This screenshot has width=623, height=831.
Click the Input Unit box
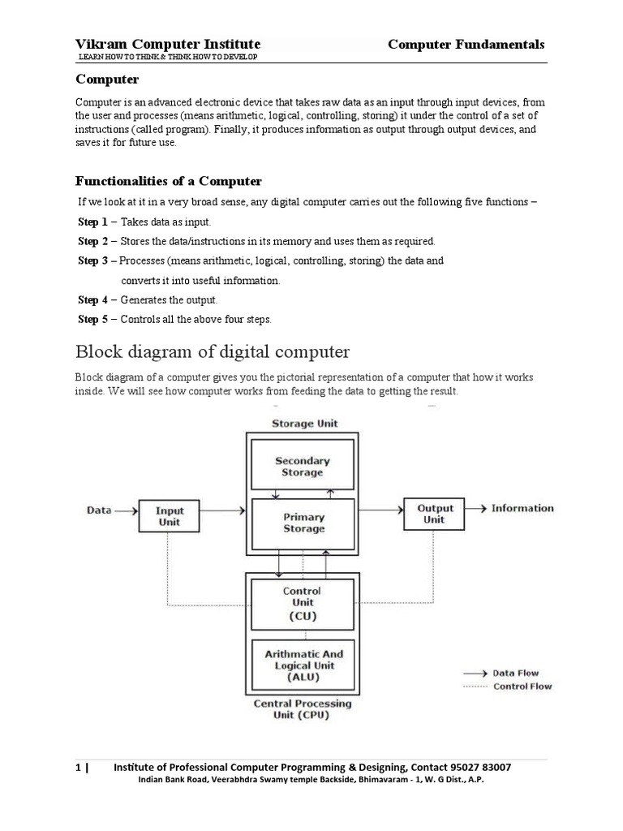[x=170, y=516]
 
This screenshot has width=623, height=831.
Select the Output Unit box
[x=435, y=514]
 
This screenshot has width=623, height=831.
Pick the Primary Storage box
[x=303, y=523]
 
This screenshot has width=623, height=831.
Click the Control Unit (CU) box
[x=301, y=603]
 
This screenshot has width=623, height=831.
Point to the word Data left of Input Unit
[x=100, y=510]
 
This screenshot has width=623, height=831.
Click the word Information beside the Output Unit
[x=522, y=508]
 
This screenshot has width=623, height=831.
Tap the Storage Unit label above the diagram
[x=304, y=423]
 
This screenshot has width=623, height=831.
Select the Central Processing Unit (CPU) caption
[x=303, y=709]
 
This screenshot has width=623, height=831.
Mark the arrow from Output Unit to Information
[x=477, y=509]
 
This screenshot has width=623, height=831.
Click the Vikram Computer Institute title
[x=168, y=44]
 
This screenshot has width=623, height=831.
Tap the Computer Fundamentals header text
[x=466, y=44]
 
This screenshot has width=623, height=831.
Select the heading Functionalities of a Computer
[x=169, y=180]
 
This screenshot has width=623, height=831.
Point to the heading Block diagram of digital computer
[x=213, y=352]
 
